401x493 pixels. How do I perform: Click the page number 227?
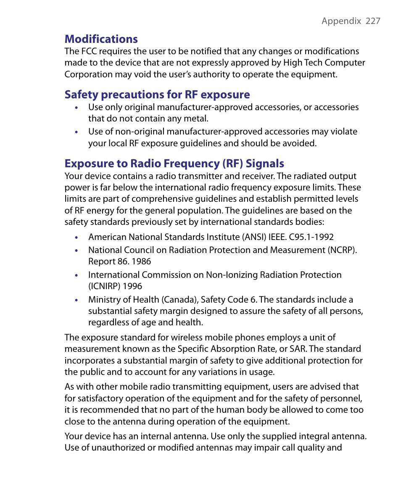point(373,21)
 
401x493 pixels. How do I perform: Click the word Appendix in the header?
point(341,21)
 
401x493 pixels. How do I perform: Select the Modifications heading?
point(101,39)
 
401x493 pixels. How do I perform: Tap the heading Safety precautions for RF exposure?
point(157,95)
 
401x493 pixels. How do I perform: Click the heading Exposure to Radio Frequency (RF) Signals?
point(174,163)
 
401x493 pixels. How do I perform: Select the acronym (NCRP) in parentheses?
point(342,250)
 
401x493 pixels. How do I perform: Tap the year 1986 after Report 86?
point(141,261)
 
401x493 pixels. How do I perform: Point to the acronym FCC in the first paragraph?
point(87,51)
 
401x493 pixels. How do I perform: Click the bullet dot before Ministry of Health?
point(76,300)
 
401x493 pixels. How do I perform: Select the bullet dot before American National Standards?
point(76,238)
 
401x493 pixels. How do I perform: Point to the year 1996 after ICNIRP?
point(132,286)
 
